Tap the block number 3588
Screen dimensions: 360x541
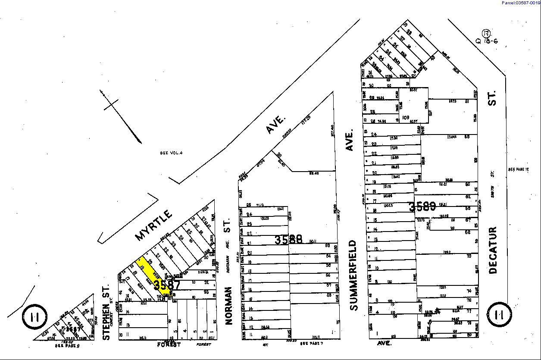[x=288, y=239]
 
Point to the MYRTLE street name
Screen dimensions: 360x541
[x=154, y=225]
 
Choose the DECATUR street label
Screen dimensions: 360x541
[x=493, y=250]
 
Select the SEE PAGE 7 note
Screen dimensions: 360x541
[x=311, y=344]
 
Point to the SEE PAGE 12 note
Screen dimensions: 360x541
[x=518, y=169]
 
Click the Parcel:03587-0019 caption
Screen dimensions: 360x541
[x=521, y=3]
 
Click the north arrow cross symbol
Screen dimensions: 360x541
[x=111, y=103]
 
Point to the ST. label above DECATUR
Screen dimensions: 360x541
[x=493, y=97]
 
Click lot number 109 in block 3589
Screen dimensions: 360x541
[x=405, y=117]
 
